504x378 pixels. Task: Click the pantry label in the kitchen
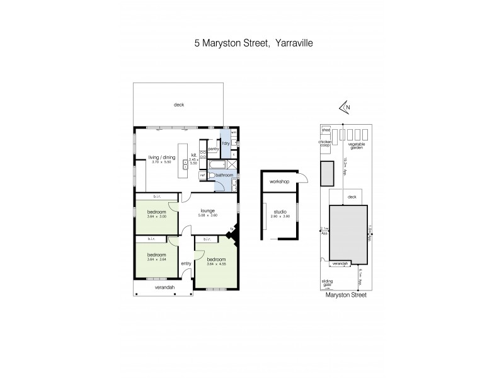point(213,149)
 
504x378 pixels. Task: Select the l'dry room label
point(226,143)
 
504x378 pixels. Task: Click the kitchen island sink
point(185,165)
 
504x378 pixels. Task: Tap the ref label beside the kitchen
point(202,176)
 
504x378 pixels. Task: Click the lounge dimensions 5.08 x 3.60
point(208,215)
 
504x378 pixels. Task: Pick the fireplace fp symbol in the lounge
point(232,229)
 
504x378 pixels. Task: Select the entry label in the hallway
point(186,263)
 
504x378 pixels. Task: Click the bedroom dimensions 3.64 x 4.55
point(215,264)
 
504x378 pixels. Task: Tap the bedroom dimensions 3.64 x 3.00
point(156,217)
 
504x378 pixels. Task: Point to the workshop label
point(279,181)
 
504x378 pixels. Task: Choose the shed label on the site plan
point(326,130)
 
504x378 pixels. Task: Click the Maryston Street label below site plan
point(346,294)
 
